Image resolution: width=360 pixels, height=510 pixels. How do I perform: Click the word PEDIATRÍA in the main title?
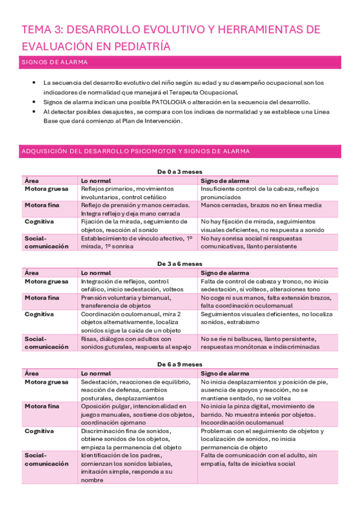tap(139, 46)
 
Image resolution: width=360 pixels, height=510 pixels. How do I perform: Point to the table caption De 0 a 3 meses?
tap(180, 171)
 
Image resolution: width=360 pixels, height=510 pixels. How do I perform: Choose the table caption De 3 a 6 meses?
tap(180, 263)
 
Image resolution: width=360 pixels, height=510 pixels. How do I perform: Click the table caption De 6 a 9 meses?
tap(180, 364)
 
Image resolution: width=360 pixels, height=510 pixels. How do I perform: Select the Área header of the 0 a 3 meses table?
tap(31, 180)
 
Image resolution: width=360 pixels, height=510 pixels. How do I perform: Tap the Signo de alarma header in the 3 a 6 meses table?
tap(225, 272)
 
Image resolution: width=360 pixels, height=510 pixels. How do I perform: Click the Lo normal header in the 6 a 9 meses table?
tap(95, 373)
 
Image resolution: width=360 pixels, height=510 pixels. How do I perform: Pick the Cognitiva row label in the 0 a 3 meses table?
tap(39, 221)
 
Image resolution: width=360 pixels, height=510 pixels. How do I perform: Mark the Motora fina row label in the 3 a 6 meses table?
tap(41, 297)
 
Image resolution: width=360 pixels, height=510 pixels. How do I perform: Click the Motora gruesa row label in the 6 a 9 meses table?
tap(45, 381)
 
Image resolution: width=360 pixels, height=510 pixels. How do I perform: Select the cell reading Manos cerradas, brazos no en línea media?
tap(261, 205)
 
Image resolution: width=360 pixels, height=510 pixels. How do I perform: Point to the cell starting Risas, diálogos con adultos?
tap(136, 342)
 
